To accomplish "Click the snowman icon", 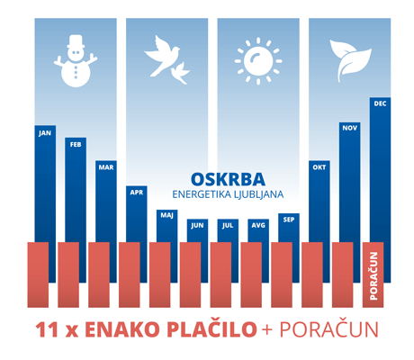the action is [76, 61].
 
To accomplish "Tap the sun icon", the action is [258, 61].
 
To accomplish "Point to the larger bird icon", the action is [162, 56].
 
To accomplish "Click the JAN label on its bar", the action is [45, 133].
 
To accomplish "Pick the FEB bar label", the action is [76, 145].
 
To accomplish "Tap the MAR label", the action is [106, 167].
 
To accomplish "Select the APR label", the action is [137, 193].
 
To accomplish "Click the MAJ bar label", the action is [166, 215].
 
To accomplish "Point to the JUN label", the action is [197, 225].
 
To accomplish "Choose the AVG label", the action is [258, 225].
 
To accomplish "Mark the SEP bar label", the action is [289, 220].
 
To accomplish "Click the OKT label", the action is [319, 167].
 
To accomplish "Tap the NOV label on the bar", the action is [350, 128].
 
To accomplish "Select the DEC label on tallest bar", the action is [380, 103].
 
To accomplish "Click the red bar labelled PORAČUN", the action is [373, 274].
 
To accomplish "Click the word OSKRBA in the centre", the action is [228, 180].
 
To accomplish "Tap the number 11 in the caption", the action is [47, 329].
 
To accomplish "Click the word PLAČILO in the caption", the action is [211, 328].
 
